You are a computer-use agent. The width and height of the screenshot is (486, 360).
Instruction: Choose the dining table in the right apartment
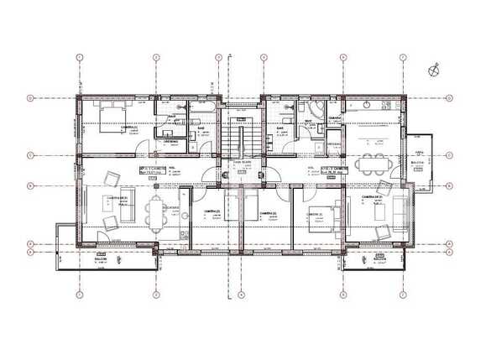[371, 163]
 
